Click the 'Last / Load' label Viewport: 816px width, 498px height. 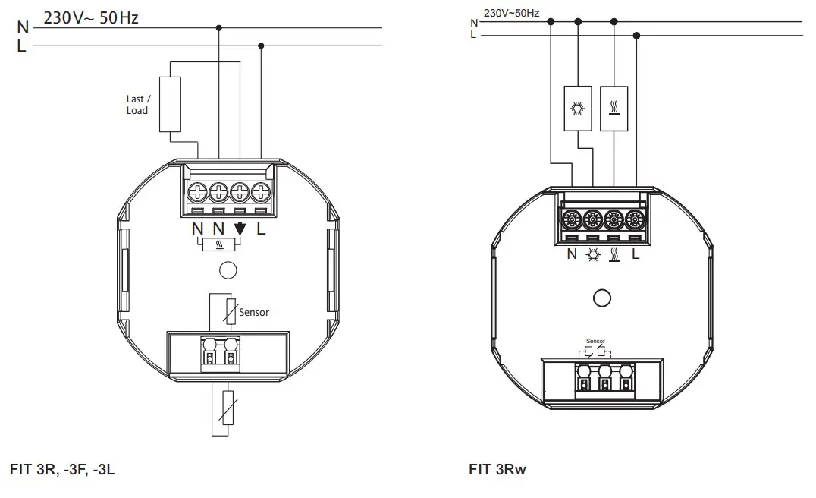[137, 105]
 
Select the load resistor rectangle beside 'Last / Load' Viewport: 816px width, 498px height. [171, 105]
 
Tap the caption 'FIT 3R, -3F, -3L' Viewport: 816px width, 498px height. [62, 469]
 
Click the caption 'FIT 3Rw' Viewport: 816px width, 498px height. [497, 469]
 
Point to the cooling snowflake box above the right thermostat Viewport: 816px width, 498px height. [578, 108]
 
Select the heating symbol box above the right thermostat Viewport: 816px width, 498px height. [614, 108]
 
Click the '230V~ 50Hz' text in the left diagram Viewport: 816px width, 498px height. [91, 17]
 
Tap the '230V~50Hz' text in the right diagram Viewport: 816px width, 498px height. [511, 13]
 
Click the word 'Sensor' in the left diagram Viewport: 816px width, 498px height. [254, 312]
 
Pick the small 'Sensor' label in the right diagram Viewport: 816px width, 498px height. [595, 342]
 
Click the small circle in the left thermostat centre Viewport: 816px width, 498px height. [226, 269]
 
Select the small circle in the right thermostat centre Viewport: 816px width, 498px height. [602, 298]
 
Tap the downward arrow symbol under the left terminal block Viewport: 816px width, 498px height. [240, 228]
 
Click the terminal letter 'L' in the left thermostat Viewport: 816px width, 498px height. [261, 229]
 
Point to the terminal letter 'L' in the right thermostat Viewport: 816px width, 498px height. [636, 254]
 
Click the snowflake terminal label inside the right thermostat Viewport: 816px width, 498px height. [592, 254]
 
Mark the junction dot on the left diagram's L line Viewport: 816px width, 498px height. [261, 46]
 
